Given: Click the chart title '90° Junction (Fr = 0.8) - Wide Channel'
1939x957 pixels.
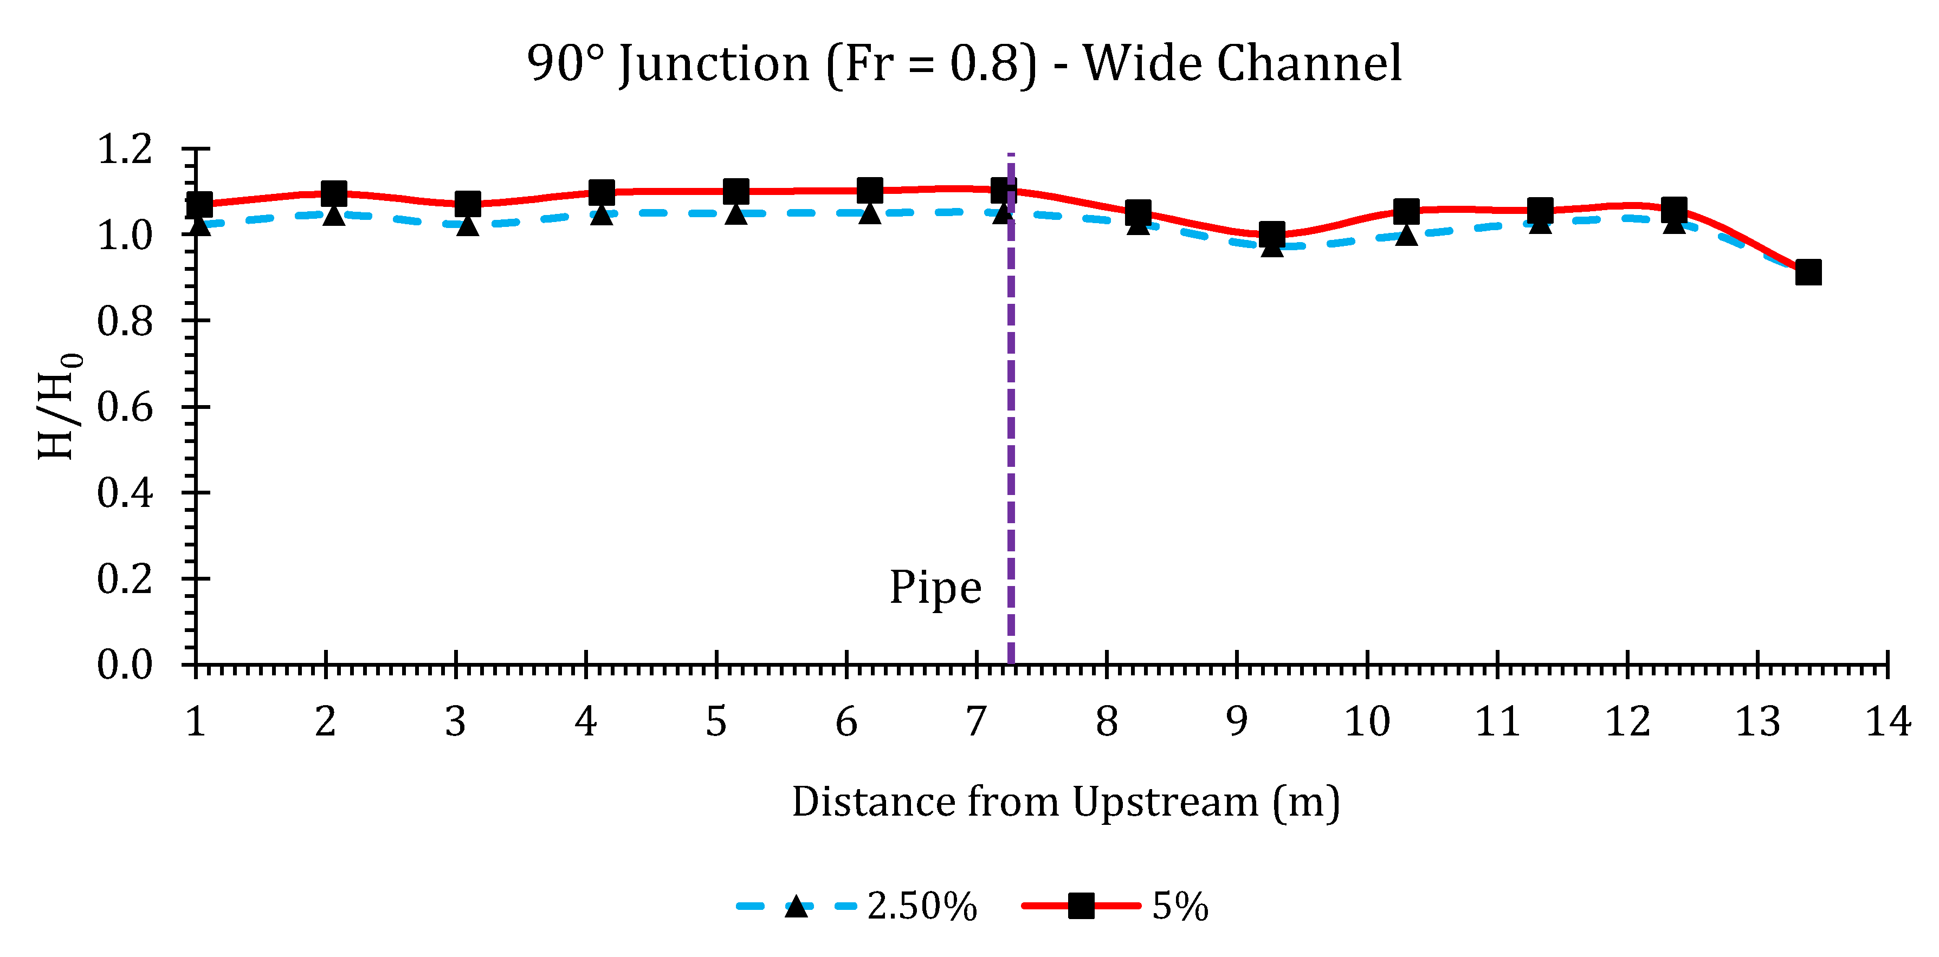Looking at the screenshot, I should tap(964, 63).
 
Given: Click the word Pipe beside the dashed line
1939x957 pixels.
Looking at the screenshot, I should tap(935, 588).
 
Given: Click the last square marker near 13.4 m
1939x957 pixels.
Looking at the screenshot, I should tap(1808, 272).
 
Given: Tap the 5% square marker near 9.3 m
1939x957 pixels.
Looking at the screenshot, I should tap(1272, 234).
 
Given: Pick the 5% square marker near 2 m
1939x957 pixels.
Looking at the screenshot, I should tap(333, 193).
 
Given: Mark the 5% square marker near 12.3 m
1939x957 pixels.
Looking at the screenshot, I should tap(1674, 210).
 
